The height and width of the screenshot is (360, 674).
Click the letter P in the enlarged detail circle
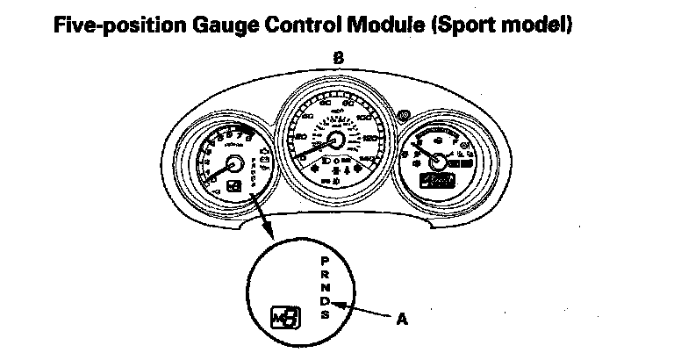tap(325, 262)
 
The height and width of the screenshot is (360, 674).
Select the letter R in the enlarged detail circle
tap(325, 275)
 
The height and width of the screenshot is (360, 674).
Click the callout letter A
tap(403, 320)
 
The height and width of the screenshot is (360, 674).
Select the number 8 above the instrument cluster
tap(338, 58)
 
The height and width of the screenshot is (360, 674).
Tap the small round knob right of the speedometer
tap(403, 115)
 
